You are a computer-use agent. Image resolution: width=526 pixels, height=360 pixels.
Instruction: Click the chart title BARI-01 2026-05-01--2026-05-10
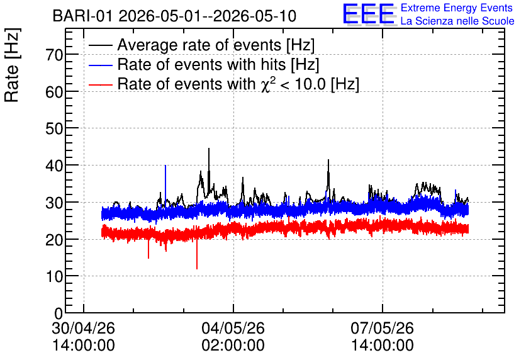174,16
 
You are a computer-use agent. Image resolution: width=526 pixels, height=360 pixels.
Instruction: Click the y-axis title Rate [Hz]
12,65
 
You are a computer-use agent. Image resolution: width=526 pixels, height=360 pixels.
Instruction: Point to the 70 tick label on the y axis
54,55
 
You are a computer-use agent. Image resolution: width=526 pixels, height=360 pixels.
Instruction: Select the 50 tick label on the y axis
54,128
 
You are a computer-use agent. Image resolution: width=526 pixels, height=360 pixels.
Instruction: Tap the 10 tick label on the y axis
54,276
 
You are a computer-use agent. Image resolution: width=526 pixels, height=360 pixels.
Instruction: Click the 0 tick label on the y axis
59,313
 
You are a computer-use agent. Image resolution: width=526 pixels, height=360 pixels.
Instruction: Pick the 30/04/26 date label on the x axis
84,328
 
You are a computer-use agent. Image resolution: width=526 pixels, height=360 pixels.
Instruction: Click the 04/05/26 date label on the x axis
233,328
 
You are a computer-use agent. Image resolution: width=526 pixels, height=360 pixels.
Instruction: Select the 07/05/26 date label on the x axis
383,328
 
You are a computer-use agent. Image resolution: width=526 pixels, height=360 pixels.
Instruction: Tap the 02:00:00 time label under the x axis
233,346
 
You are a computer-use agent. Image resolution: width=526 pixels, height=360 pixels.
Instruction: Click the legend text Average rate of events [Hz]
216,45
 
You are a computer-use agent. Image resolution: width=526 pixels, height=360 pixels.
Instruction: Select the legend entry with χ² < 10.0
238,84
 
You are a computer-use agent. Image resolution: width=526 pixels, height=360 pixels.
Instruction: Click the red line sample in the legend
100,84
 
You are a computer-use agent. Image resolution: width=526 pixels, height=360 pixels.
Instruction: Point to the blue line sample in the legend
100,65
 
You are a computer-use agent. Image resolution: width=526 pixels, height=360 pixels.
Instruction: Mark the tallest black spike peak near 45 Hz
209,149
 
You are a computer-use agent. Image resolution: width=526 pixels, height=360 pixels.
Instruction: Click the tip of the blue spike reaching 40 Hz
165,165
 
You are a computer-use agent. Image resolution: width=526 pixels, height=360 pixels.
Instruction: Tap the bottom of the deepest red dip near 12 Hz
197,269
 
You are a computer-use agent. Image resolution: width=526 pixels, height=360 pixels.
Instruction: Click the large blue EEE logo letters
368,14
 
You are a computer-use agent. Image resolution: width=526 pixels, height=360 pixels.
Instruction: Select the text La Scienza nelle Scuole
457,21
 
